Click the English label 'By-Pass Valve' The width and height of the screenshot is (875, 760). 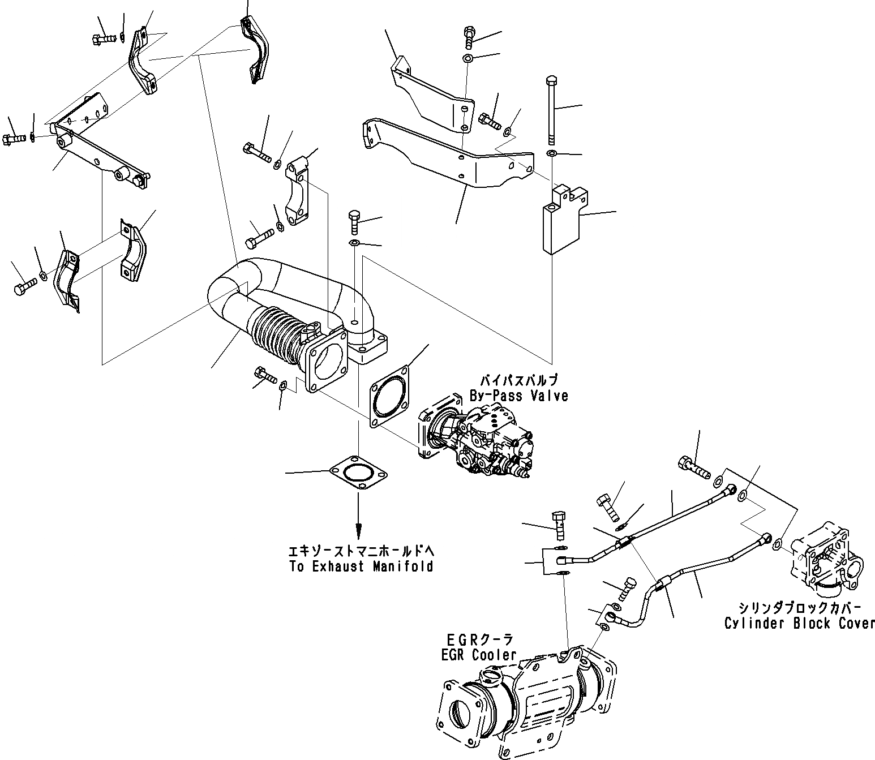518,396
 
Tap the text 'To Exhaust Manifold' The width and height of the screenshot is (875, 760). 361,566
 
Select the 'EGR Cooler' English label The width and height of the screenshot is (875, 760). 479,655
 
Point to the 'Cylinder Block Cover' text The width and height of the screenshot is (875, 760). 800,624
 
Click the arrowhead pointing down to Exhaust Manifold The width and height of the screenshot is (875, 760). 358,531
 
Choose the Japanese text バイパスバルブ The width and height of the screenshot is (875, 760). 519,380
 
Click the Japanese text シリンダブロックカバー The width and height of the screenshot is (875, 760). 799,608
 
